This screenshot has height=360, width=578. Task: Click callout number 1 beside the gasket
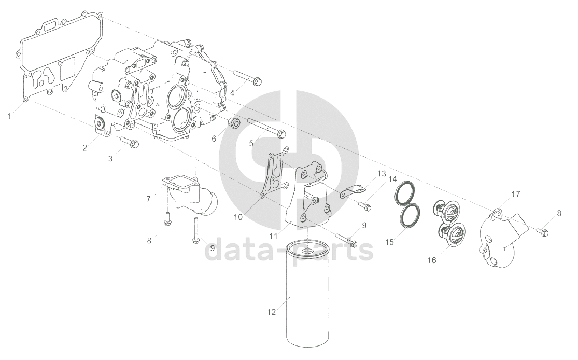(9, 117)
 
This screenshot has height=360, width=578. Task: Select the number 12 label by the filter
(271, 312)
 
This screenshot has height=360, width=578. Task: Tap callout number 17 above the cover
(515, 194)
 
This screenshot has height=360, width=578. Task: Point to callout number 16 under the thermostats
(432, 260)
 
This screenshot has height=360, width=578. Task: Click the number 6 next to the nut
(214, 139)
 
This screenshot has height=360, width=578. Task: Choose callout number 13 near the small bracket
(381, 173)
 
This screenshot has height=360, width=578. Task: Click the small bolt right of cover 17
(543, 232)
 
